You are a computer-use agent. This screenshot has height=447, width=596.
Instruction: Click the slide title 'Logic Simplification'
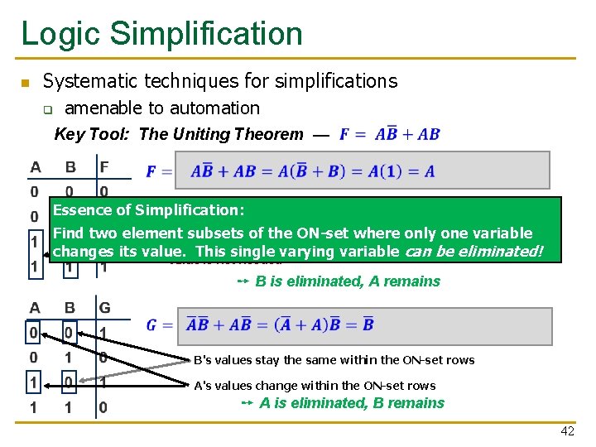(x=161, y=33)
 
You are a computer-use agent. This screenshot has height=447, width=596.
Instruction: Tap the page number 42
(x=567, y=432)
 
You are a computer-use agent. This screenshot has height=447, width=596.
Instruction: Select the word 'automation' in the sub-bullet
(x=216, y=108)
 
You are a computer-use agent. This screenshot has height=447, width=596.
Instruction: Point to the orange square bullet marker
(x=25, y=83)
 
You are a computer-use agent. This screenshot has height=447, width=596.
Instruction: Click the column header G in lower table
(x=104, y=308)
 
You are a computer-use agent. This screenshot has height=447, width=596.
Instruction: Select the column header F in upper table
(x=103, y=167)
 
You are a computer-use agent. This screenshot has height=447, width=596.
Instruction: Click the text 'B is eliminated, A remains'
(x=348, y=281)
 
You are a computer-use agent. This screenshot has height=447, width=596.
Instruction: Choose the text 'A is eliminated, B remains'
(x=352, y=403)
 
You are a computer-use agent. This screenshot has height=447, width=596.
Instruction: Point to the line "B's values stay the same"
(x=334, y=360)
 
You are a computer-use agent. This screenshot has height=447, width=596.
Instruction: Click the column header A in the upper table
(x=36, y=167)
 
